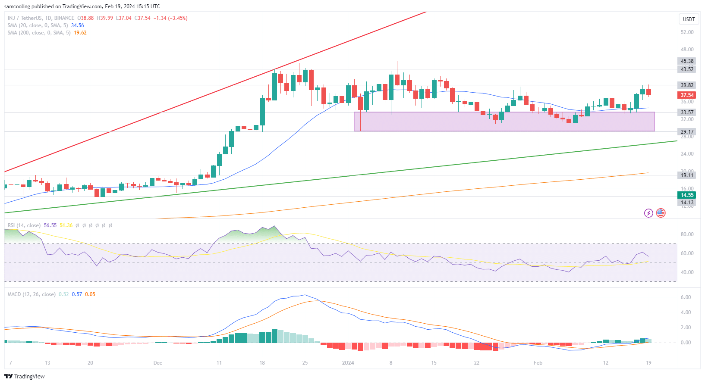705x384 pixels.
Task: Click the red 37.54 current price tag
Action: click(x=687, y=95)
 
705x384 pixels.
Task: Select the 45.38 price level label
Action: click(x=687, y=61)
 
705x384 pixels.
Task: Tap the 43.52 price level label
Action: click(x=687, y=69)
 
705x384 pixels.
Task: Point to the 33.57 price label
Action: click(x=687, y=112)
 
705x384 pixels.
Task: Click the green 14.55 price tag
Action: click(x=687, y=195)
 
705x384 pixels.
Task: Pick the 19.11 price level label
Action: click(x=687, y=175)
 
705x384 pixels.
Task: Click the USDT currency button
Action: click(x=689, y=19)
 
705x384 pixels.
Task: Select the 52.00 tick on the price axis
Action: click(x=687, y=32)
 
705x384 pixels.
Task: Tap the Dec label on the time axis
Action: click(x=158, y=363)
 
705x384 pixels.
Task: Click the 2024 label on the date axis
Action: click(x=348, y=363)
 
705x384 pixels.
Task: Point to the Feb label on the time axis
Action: click(x=538, y=363)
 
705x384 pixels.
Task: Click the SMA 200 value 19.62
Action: click(x=80, y=33)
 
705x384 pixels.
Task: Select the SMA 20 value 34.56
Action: click(x=78, y=25)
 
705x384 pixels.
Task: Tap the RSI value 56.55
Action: click(x=50, y=225)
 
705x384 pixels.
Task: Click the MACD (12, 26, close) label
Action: click(x=31, y=294)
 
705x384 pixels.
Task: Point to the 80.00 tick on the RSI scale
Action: click(x=687, y=234)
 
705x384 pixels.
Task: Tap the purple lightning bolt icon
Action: click(x=648, y=213)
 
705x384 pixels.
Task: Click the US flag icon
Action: click(x=661, y=213)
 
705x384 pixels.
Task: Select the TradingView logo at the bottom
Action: click(x=25, y=376)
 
